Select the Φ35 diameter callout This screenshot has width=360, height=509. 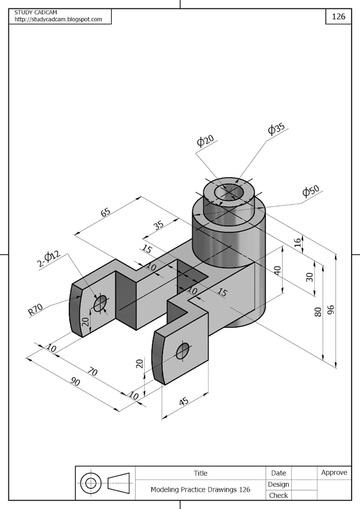click(276, 129)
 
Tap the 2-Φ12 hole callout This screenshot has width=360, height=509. click(49, 260)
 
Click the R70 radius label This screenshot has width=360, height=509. click(36, 310)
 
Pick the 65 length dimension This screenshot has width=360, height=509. click(105, 213)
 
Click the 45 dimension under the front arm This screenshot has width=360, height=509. click(183, 402)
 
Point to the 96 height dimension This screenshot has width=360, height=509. click(331, 310)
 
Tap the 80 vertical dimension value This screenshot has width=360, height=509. click(318, 312)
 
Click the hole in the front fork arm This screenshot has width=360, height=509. click(183, 350)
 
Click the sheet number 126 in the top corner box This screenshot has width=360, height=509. click(338, 16)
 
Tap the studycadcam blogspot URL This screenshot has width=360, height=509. click(58, 20)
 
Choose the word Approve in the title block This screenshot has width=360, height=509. click(334, 472)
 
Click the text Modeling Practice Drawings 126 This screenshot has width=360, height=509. click(200, 489)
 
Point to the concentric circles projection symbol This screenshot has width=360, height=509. click(91, 483)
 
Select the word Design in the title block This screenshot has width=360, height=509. click(278, 484)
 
